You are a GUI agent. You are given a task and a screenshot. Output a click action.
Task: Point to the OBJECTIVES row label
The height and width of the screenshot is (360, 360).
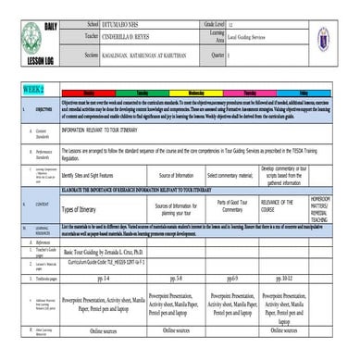43,109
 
